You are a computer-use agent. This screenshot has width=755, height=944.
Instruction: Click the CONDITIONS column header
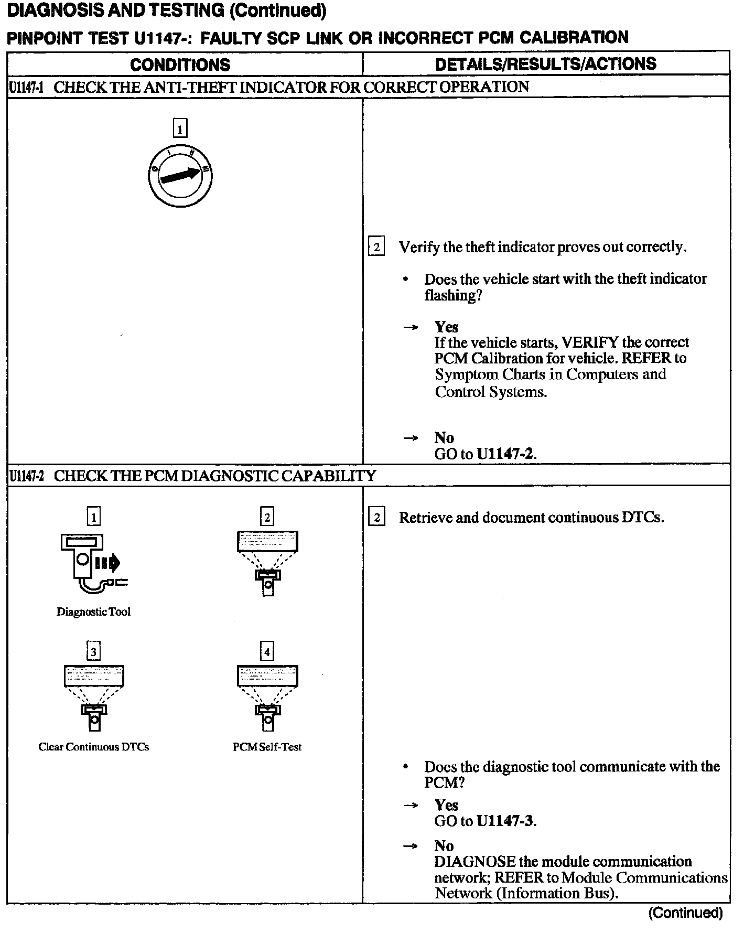click(x=180, y=65)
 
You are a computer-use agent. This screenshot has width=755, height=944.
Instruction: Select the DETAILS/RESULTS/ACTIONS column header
click(x=545, y=64)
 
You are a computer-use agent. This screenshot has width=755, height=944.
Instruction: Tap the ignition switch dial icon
click(x=180, y=175)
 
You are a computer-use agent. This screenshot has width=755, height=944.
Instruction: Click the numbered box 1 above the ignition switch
click(x=180, y=128)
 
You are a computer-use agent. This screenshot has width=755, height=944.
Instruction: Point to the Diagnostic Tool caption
click(x=93, y=612)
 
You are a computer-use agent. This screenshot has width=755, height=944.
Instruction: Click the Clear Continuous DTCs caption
click(x=93, y=747)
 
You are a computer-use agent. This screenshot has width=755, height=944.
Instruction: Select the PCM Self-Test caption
click(x=267, y=747)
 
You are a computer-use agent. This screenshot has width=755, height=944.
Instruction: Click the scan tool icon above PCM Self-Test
click(x=267, y=698)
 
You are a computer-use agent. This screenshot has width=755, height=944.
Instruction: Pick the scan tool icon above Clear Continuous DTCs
click(x=94, y=698)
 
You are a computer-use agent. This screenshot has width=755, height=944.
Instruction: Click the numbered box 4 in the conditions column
click(x=267, y=652)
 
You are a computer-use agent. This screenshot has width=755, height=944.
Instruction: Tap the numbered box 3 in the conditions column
click(x=93, y=652)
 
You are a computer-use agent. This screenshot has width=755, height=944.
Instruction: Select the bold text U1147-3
click(x=505, y=821)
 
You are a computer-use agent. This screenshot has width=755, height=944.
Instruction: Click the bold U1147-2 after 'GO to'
click(x=505, y=454)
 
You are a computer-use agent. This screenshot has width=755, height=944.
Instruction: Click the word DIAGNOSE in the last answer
click(x=474, y=862)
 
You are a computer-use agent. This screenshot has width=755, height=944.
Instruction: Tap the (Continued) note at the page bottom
click(x=685, y=913)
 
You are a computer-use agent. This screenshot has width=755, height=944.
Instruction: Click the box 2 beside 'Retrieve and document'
click(x=376, y=518)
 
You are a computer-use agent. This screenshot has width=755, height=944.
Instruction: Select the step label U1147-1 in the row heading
click(x=26, y=87)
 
